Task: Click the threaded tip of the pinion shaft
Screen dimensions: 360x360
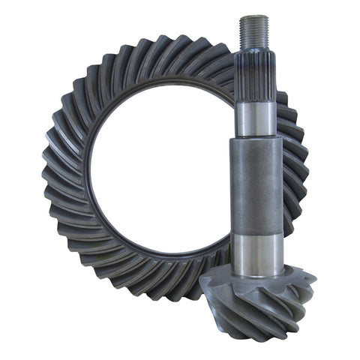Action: click(254, 31)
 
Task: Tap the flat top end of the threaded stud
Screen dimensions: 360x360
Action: click(254, 16)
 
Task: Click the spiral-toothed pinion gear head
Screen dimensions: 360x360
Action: click(259, 304)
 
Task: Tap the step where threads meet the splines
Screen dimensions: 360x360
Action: click(254, 47)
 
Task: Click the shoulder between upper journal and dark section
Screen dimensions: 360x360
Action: click(256, 138)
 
